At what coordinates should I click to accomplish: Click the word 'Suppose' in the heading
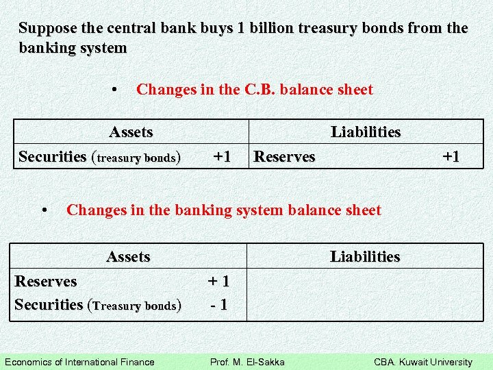click(45, 29)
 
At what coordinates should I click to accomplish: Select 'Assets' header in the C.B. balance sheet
click(131, 132)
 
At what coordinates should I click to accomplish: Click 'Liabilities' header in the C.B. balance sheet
click(366, 132)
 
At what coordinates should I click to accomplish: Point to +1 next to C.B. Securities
click(221, 156)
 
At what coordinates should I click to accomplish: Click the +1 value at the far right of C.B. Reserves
click(451, 156)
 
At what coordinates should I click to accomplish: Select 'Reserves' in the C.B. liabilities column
click(284, 157)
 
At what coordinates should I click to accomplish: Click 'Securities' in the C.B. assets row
click(53, 157)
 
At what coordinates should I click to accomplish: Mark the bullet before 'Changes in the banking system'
click(44, 210)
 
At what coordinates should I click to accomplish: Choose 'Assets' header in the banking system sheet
click(128, 257)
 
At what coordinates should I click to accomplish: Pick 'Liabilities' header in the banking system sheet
click(365, 257)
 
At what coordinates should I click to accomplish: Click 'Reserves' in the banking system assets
click(46, 281)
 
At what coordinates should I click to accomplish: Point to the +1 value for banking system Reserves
click(218, 281)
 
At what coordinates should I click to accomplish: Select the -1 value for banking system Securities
click(218, 305)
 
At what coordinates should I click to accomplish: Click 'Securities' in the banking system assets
click(49, 305)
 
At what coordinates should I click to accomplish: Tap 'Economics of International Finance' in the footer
click(79, 362)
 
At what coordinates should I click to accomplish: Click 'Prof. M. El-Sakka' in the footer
click(247, 362)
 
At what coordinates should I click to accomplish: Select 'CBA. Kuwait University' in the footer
click(422, 362)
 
